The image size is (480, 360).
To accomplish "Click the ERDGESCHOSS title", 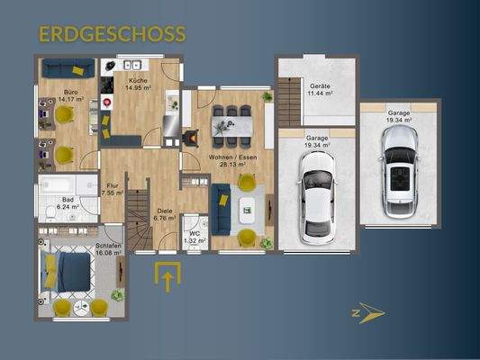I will tap(113, 34).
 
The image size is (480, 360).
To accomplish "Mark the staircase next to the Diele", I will tap(137, 220).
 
